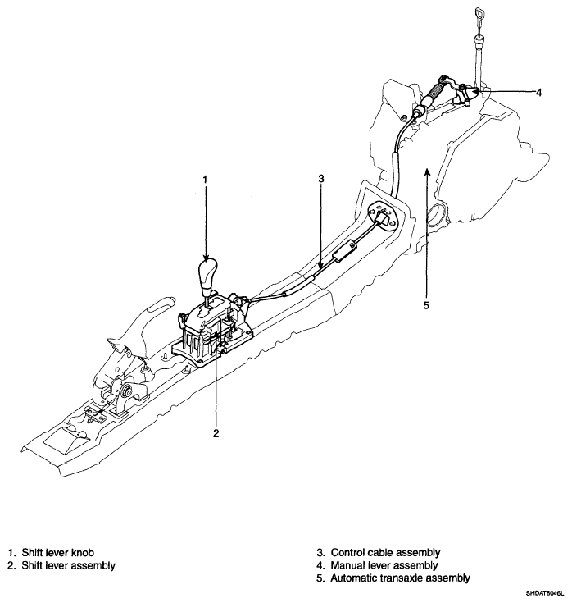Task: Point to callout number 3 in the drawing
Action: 322,179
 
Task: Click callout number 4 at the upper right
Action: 538,93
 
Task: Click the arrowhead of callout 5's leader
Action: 426,170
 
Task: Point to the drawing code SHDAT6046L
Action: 541,592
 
